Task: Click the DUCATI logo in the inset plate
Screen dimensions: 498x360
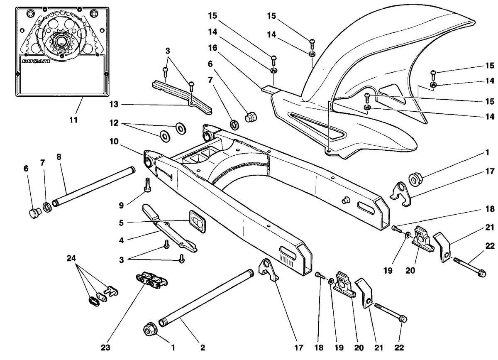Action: click(36, 61)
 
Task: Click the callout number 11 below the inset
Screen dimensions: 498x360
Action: click(73, 120)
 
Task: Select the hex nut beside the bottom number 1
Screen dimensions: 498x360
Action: click(151, 329)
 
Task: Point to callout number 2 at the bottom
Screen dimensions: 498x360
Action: click(203, 348)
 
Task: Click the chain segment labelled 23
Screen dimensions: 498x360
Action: click(152, 280)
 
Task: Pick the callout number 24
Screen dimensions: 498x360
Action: click(71, 258)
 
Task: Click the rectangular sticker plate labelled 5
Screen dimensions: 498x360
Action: click(197, 222)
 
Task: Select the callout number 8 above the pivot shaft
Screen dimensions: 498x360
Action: click(59, 157)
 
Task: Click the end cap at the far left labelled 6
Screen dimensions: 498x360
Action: click(34, 213)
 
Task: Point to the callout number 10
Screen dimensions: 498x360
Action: click(114, 141)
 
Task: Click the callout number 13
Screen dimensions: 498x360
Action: click(114, 104)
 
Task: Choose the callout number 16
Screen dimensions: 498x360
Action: click(213, 48)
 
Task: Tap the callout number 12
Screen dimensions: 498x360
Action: click(114, 123)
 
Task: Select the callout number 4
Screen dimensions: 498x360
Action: click(121, 240)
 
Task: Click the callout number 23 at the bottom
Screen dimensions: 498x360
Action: click(105, 348)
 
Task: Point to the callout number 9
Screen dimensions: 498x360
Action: click(121, 206)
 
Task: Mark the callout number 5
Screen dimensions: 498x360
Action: click(121, 223)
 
